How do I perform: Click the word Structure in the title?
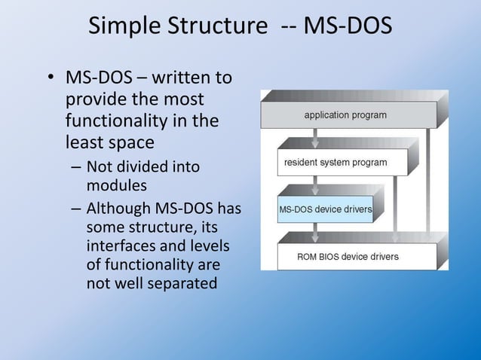point(214,26)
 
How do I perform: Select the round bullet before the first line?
point(49,79)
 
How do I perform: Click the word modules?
point(117,185)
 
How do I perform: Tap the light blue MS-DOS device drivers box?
point(325,209)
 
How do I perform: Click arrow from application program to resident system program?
point(315,138)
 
